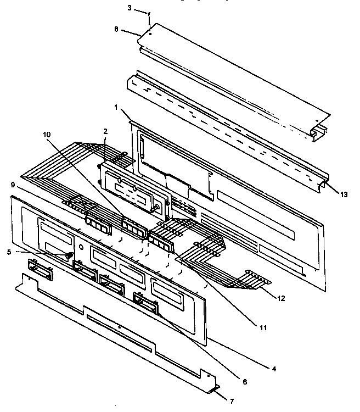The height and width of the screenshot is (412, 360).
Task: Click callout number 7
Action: click(231, 401)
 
